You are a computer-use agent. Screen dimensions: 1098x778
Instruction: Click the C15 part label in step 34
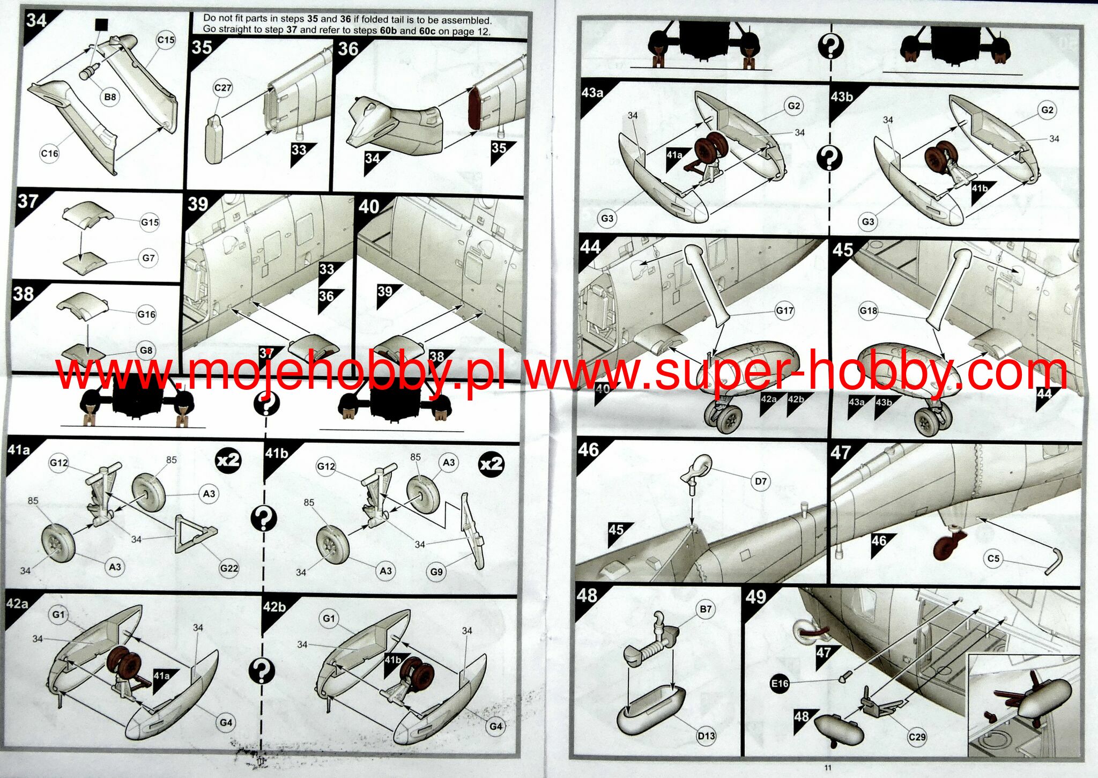pos(166,40)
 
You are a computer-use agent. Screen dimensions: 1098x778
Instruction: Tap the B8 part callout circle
pos(110,97)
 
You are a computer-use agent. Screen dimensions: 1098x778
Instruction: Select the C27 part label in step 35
pos(222,88)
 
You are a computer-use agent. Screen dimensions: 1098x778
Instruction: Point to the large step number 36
pos(348,49)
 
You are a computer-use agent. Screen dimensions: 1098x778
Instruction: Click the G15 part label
pos(150,222)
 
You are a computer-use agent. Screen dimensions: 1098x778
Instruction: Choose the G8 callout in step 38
pos(146,351)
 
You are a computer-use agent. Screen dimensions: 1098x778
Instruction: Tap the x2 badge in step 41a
pos(228,461)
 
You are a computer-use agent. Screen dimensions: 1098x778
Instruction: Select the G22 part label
pos(229,568)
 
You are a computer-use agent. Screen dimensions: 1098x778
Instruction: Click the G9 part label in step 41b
pos(436,572)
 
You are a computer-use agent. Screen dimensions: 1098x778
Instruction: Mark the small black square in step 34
pos(101,25)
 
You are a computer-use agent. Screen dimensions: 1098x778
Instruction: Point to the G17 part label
pos(784,310)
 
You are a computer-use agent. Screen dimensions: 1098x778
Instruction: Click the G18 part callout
pos(868,310)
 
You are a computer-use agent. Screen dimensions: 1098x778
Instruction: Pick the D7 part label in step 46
pos(761,481)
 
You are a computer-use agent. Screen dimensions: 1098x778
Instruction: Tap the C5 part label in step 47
pos(993,558)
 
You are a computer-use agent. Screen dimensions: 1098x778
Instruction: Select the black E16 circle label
pos(780,684)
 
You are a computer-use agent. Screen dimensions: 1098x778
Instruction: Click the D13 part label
pos(706,736)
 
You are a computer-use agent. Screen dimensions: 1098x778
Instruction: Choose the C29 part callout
pos(917,737)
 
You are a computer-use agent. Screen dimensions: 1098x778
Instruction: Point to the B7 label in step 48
pos(706,609)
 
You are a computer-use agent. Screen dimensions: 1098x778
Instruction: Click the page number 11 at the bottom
pos(828,767)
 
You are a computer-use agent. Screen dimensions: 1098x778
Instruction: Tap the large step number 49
pos(756,597)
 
